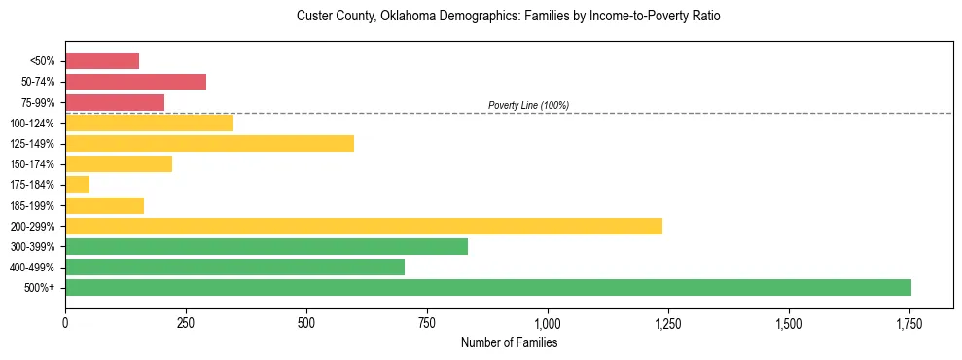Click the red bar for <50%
(x=102, y=61)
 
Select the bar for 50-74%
(x=135, y=82)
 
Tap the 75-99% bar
(x=115, y=102)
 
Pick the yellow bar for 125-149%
(x=209, y=143)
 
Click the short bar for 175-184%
(x=77, y=185)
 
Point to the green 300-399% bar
(x=267, y=246)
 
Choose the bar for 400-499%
(x=234, y=267)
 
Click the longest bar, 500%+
(x=488, y=287)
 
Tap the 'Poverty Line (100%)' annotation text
(x=528, y=105)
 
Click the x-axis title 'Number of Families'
(x=509, y=342)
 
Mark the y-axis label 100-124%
(x=32, y=124)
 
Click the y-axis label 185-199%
(x=32, y=205)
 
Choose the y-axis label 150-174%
(x=32, y=164)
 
